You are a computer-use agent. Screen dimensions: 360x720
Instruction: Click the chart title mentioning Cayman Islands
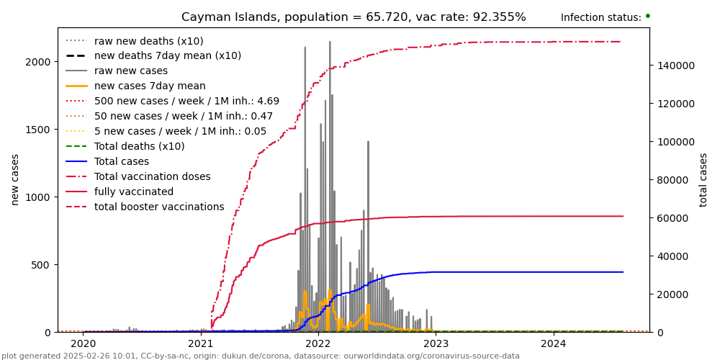coord(354,17)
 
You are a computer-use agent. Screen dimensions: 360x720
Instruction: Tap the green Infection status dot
coord(647,16)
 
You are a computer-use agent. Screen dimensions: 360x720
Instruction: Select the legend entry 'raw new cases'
coord(130,71)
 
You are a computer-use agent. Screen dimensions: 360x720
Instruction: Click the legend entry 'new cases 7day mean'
coord(150,86)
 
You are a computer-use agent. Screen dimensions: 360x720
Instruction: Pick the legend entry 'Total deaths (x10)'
coord(139,146)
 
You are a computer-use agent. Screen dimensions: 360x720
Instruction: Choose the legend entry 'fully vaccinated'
coord(134,192)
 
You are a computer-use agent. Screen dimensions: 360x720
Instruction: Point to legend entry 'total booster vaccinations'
coord(159,207)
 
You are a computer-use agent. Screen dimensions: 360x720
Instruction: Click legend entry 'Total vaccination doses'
coord(152,176)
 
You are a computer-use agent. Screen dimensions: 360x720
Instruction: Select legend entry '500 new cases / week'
coord(186,101)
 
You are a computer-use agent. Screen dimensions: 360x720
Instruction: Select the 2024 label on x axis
coord(553,343)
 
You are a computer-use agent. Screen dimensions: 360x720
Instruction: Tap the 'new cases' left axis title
coord(14,179)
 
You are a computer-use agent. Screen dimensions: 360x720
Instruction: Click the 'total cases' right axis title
coord(703,179)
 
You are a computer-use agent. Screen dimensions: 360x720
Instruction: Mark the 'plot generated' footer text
coord(260,356)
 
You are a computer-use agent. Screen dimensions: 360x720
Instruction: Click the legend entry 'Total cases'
coord(121,161)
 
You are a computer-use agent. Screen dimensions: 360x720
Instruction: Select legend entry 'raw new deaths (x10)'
coord(148,41)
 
